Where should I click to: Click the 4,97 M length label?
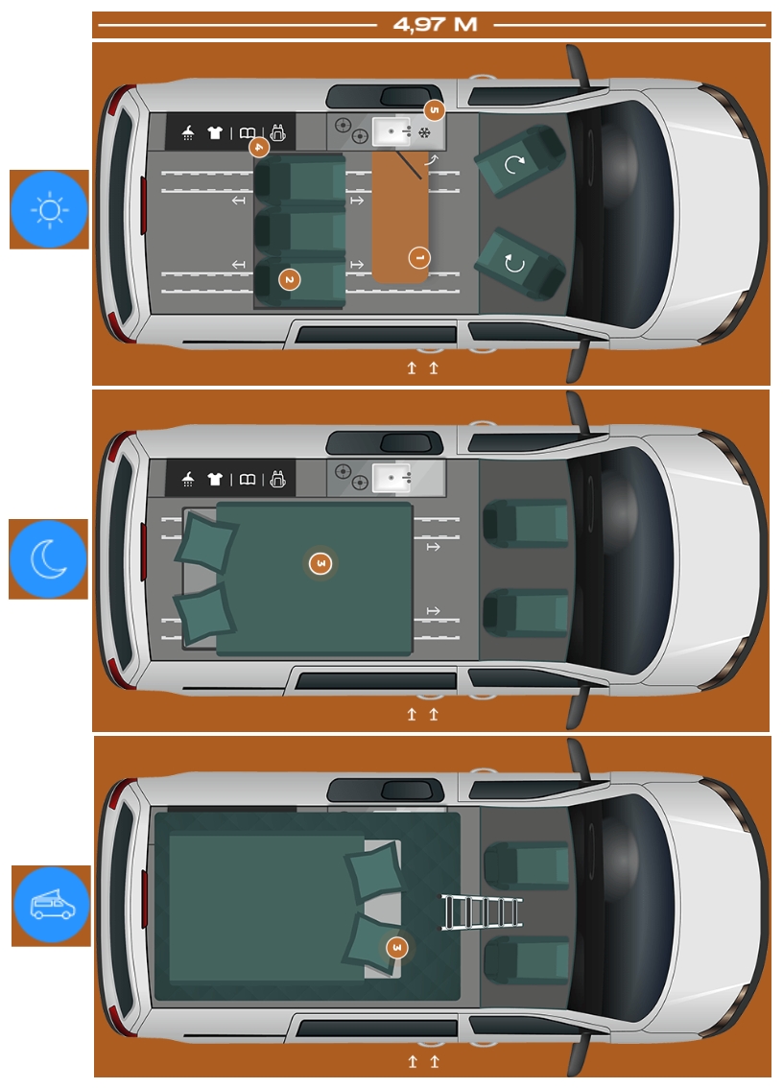(x=435, y=25)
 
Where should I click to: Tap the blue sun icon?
(x=49, y=209)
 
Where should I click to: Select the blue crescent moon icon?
(x=49, y=558)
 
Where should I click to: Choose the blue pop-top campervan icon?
(x=52, y=906)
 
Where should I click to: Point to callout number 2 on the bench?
(x=289, y=279)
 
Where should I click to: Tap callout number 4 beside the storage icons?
(x=258, y=148)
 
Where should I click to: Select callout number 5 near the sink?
(x=434, y=110)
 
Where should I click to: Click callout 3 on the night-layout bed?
(x=320, y=563)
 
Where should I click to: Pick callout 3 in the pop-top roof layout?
(x=396, y=948)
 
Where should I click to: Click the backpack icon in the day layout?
(x=278, y=132)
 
